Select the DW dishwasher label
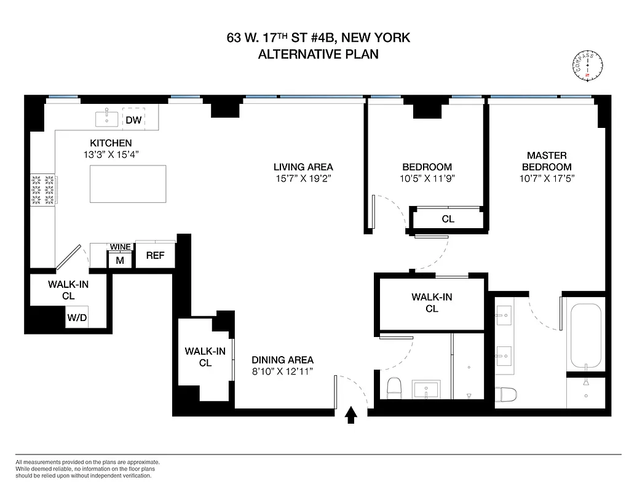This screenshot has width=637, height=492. coord(133,120)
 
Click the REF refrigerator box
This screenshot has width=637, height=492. coord(155,255)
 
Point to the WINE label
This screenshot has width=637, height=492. coord(120,247)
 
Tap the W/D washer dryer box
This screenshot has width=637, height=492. coord(76,318)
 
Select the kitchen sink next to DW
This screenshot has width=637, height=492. coord(108,116)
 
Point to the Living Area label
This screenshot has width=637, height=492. coord(304,167)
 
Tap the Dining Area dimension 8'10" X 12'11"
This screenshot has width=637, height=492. coord(282,371)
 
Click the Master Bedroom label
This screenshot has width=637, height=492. coord(547,161)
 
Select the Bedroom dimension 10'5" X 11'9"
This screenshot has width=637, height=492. coord(427,179)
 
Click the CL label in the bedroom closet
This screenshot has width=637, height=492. coord(448,219)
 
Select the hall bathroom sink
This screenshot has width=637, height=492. coord(425,390)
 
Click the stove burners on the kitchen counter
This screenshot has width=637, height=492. coord(41,190)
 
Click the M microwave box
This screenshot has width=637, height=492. coord(120,260)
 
